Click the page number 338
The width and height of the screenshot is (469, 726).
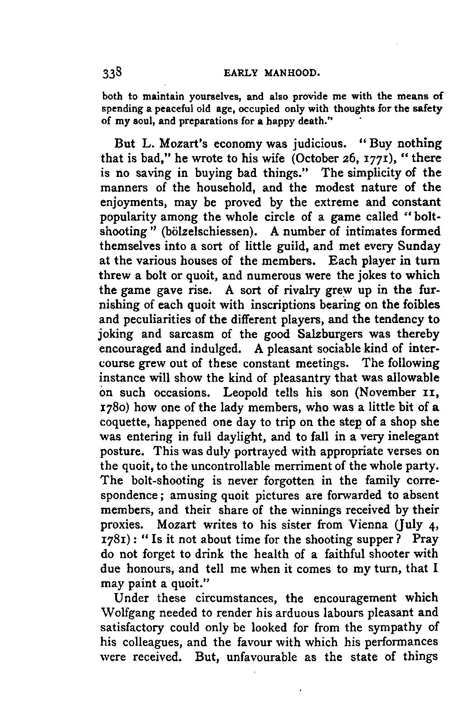[111, 73]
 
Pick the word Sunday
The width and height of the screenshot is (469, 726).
[418, 246]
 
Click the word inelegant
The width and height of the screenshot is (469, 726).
[410, 437]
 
